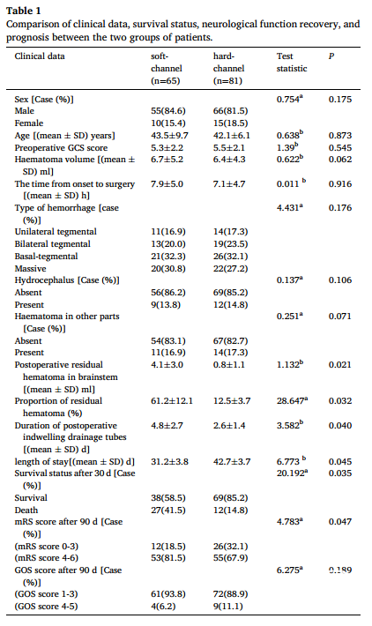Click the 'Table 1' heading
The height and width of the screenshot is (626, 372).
click(x=24, y=11)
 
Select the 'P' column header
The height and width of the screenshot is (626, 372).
click(x=331, y=56)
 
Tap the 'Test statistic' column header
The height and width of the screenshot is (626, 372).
click(x=292, y=63)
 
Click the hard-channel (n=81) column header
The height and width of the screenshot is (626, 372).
click(x=228, y=68)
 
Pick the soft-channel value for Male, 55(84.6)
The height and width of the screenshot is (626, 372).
click(x=168, y=111)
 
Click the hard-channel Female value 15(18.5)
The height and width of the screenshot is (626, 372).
click(x=230, y=123)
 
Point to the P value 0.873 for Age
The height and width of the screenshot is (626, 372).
click(x=340, y=136)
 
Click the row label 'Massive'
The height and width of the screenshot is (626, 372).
click(x=30, y=269)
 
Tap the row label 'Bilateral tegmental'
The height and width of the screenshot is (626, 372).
click(x=53, y=244)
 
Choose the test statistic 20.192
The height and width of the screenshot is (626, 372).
click(x=292, y=473)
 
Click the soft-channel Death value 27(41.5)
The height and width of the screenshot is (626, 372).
click(x=168, y=510)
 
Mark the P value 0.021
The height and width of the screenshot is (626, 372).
click(x=340, y=365)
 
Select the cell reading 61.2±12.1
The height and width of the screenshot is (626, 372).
click(x=172, y=401)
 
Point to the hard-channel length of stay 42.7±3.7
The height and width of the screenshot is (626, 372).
click(x=232, y=462)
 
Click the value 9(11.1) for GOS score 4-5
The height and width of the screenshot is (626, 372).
click(x=228, y=607)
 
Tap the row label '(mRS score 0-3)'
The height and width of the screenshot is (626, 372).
click(x=47, y=546)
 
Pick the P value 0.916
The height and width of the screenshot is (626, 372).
click(x=340, y=184)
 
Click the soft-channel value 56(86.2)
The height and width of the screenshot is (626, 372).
click(x=168, y=293)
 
